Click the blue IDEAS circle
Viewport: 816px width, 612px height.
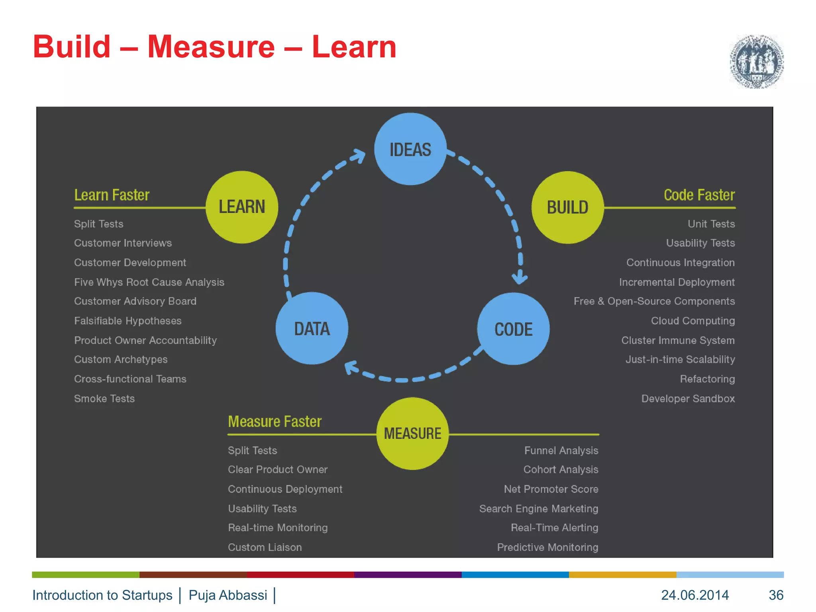tap(410, 149)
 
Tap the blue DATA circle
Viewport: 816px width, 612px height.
tap(312, 328)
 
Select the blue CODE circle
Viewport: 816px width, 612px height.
tap(513, 329)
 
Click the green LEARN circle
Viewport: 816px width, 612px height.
tap(242, 207)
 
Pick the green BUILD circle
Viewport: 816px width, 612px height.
tap(567, 207)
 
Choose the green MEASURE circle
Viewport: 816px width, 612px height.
tap(412, 433)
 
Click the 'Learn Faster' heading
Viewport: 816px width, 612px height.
tap(112, 195)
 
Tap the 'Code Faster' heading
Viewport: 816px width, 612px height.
tap(699, 195)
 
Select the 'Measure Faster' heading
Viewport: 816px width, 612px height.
tap(275, 422)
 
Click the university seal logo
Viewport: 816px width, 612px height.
tap(756, 62)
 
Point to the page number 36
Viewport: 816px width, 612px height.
tap(776, 595)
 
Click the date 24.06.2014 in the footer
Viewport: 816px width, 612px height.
tap(695, 595)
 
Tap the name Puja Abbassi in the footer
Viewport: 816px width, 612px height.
tap(228, 595)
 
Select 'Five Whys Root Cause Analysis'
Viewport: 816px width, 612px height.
tap(149, 282)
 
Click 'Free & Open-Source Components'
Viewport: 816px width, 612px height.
tap(654, 301)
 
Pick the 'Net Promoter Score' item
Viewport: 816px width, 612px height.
tap(551, 489)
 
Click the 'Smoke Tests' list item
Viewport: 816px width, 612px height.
tap(104, 398)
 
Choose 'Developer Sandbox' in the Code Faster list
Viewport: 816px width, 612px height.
tap(688, 398)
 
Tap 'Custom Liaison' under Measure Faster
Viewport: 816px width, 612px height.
tap(265, 547)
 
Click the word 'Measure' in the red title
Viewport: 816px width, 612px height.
tap(211, 47)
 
